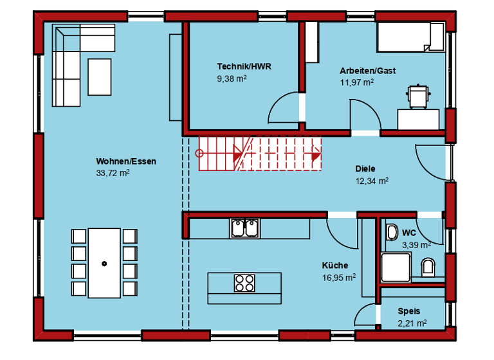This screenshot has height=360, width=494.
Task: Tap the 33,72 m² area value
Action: (113, 173)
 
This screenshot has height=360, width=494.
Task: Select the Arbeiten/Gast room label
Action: (367, 71)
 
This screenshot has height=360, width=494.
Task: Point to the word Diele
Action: (365, 169)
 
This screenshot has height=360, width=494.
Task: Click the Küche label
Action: (335, 265)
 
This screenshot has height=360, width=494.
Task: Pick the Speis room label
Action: (408, 310)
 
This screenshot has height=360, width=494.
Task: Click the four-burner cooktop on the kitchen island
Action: (244, 283)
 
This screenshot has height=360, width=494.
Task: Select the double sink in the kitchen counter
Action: (244, 228)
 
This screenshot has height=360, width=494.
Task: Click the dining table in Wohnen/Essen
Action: (104, 262)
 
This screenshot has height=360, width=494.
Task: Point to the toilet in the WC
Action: (428, 265)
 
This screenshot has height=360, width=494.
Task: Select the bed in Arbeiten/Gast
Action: (410, 37)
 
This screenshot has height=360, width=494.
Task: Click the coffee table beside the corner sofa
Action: (99, 76)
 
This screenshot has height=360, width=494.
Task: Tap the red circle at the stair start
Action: (199, 154)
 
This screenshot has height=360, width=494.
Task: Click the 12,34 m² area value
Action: (372, 181)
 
